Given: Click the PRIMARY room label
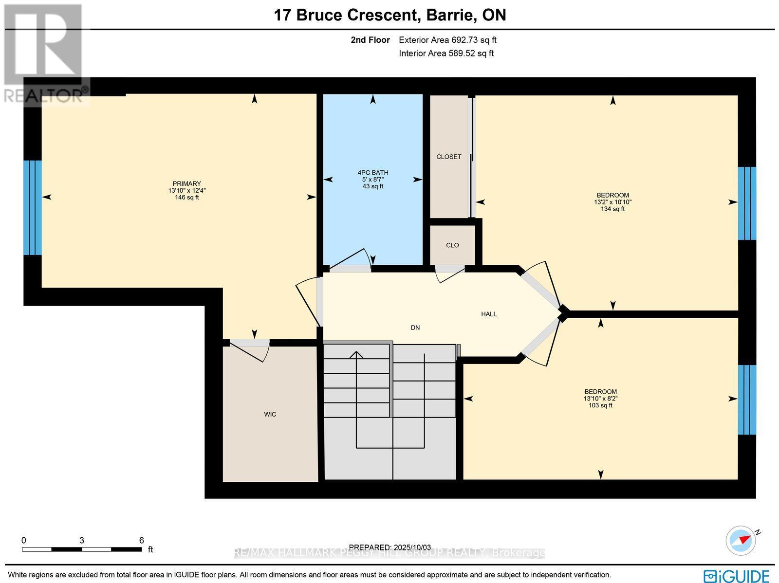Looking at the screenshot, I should click(x=186, y=183).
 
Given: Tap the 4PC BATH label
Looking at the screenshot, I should click(x=372, y=172).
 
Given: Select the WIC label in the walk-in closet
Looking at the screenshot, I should click(x=270, y=414).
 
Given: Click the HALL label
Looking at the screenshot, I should click(x=489, y=314).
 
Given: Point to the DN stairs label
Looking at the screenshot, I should click(x=415, y=328).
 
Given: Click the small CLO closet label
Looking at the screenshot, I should click(x=452, y=245).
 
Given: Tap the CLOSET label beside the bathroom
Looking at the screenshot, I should click(x=448, y=157).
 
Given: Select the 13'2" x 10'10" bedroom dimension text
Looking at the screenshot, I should click(x=612, y=202).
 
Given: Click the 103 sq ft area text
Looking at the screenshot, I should click(x=600, y=405).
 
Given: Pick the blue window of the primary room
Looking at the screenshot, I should click(x=33, y=208).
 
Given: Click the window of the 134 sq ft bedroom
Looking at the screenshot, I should click(x=746, y=203).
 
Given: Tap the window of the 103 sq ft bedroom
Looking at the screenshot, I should click(x=746, y=400).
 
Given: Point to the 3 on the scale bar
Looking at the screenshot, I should click(x=81, y=540).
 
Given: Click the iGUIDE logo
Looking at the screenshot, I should click(x=736, y=576).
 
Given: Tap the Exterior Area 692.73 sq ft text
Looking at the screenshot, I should click(x=447, y=40).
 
